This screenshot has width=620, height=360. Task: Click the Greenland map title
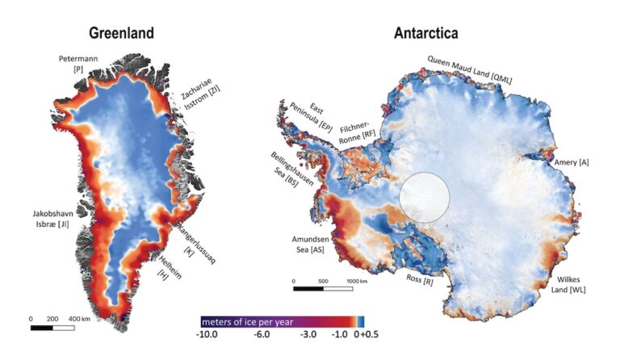click(122, 33)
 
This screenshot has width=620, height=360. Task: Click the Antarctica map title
click(425, 33)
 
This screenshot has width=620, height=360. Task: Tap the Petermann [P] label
click(78, 65)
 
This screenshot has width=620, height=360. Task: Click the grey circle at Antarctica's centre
click(425, 196)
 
